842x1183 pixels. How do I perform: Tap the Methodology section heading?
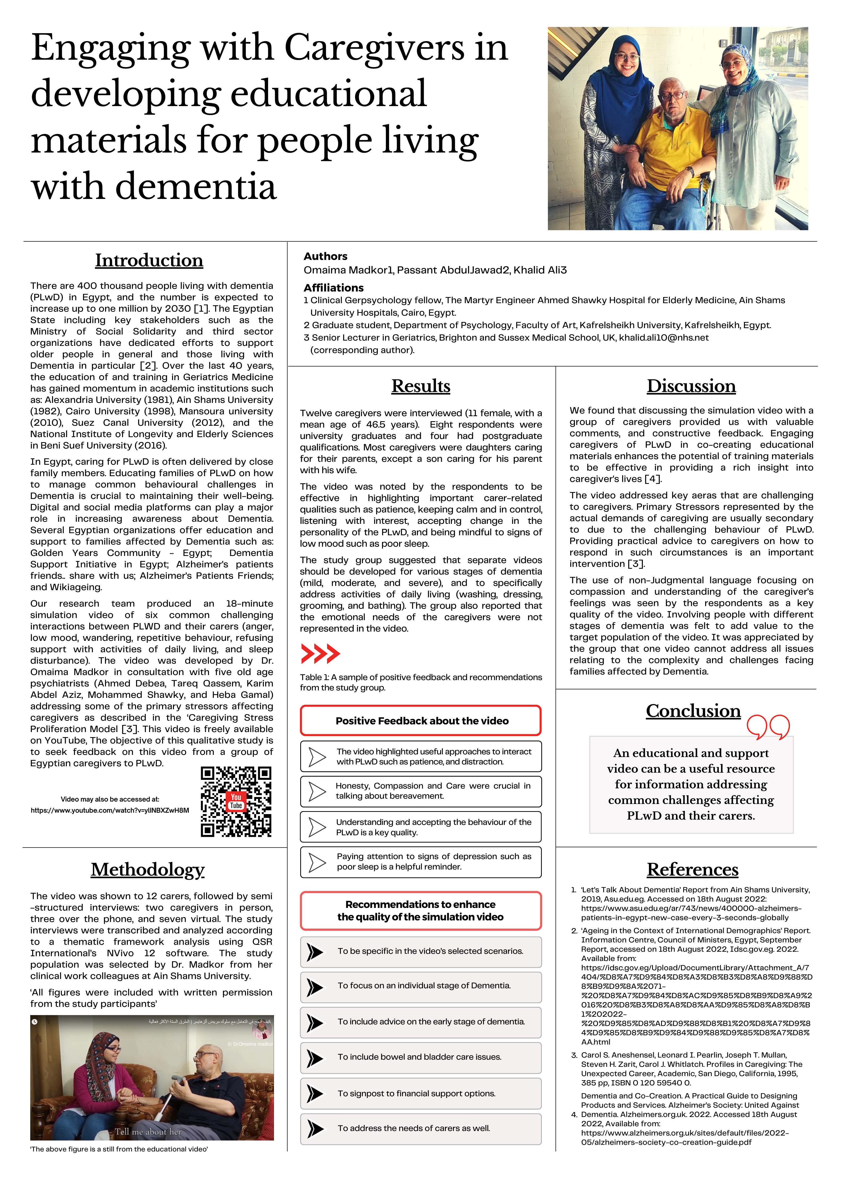tap(148, 870)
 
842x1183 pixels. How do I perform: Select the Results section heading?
tap(421, 386)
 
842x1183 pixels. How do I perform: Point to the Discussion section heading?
tap(691, 386)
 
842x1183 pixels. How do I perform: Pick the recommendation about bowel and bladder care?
tap(420, 1057)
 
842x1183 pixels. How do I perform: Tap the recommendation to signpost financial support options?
tap(416, 1093)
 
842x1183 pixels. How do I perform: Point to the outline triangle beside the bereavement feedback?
tap(317, 791)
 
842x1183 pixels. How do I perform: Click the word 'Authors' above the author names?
tap(326, 256)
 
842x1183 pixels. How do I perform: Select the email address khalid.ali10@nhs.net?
tap(664, 338)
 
